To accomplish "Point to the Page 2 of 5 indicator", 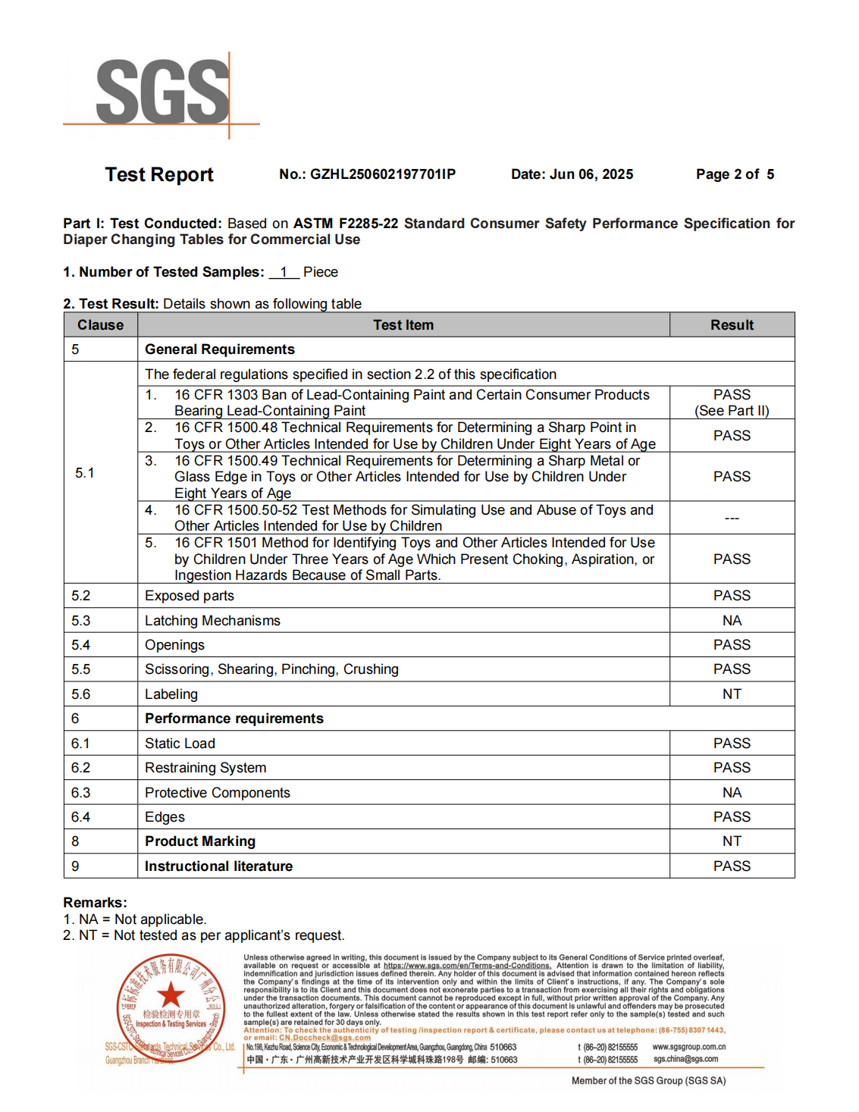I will tap(735, 174).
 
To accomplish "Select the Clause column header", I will tap(100, 325).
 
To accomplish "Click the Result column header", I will tap(732, 325).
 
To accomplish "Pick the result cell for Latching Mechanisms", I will tap(732, 621).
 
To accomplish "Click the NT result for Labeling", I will tap(732, 694).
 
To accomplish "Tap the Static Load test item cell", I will tap(180, 744).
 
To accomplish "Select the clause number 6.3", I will tap(81, 793).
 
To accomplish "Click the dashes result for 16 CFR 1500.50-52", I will tap(732, 518).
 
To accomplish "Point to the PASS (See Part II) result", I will tap(732, 403).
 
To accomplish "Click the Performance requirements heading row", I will tap(234, 719).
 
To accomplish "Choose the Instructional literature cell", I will tap(218, 866).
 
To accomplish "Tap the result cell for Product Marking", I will tap(732, 841).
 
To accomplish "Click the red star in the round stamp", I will tap(171, 995).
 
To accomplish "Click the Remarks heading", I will tap(95, 903).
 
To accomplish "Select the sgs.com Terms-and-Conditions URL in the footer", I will tap(467, 966).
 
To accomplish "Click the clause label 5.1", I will tap(85, 473).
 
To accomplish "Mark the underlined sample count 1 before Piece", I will tap(284, 272).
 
